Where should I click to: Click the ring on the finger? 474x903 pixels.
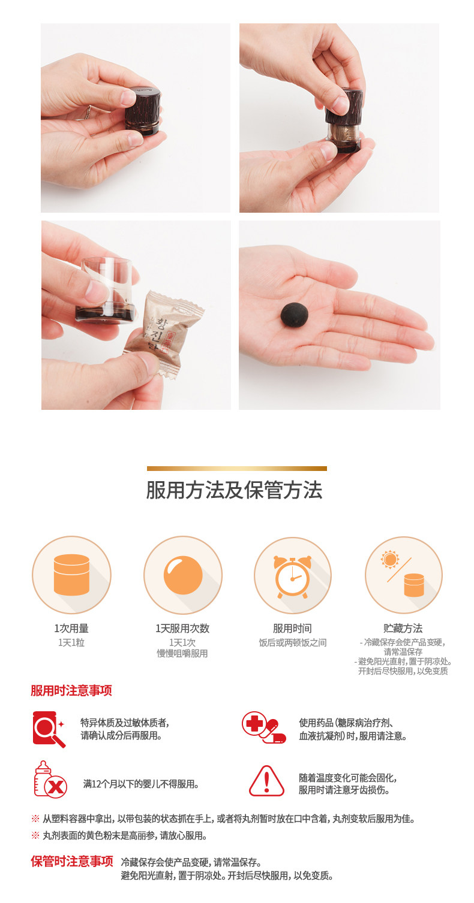tap(88, 111)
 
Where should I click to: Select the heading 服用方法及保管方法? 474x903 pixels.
tap(234, 490)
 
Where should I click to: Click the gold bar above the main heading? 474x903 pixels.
tap(237, 469)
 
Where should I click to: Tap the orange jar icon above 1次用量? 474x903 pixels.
tap(71, 575)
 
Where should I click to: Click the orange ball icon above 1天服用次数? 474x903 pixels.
tap(183, 575)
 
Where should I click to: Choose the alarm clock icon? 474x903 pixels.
tap(293, 576)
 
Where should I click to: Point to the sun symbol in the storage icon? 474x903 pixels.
tap(390, 559)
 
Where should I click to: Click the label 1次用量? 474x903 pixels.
tap(71, 628)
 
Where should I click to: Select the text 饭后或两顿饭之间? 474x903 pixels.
tap(293, 642)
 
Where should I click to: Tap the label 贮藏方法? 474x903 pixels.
tap(403, 628)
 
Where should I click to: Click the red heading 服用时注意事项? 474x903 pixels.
tap(71, 690)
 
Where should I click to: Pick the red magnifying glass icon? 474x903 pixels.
tap(49, 729)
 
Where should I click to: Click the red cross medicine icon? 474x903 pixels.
tap(263, 727)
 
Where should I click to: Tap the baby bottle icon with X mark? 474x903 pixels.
tap(50, 779)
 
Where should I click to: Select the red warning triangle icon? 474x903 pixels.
tap(266, 781)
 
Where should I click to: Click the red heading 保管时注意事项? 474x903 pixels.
tap(72, 862)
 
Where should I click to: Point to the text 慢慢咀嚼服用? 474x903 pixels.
tap(182, 653)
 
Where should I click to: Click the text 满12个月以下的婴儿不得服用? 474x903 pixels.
tap(141, 784)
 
